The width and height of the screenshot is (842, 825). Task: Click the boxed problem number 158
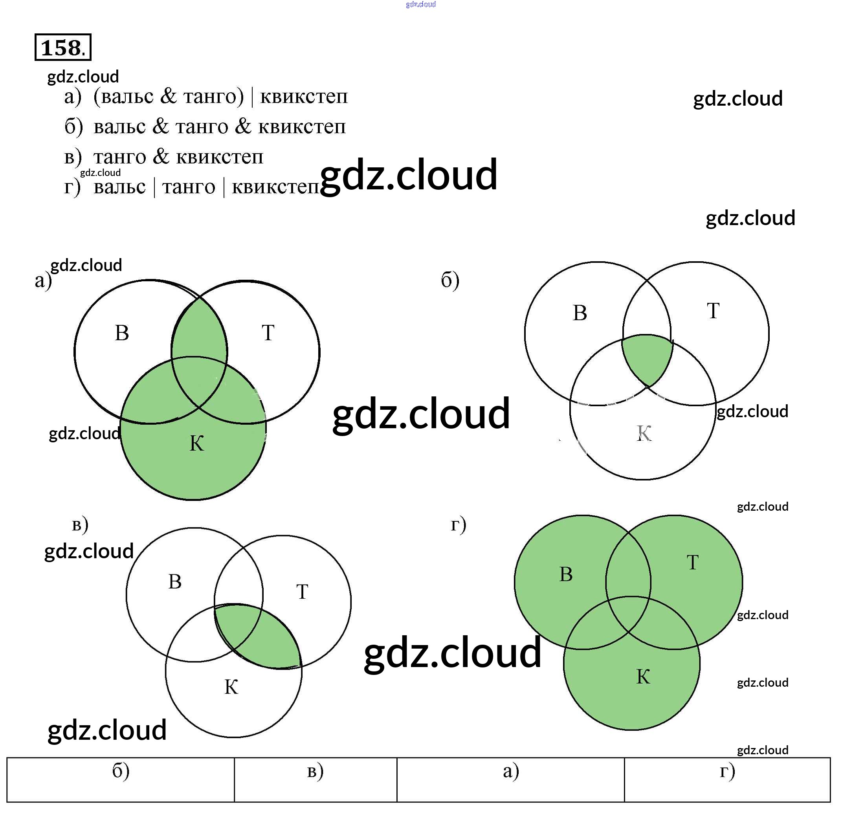62,47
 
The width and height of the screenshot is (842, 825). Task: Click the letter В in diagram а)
122,333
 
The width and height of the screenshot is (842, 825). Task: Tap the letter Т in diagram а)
268,333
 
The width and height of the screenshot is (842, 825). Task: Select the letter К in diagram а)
197,443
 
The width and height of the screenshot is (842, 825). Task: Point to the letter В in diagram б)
580,313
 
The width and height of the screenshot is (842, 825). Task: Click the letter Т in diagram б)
713,311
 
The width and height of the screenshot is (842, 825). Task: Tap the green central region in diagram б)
647,357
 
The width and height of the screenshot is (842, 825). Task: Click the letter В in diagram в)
174,582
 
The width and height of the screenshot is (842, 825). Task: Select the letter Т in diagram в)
302,592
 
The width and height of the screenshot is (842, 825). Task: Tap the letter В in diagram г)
566,574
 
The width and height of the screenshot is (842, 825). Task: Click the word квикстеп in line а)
304,96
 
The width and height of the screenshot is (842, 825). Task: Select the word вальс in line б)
119,126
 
